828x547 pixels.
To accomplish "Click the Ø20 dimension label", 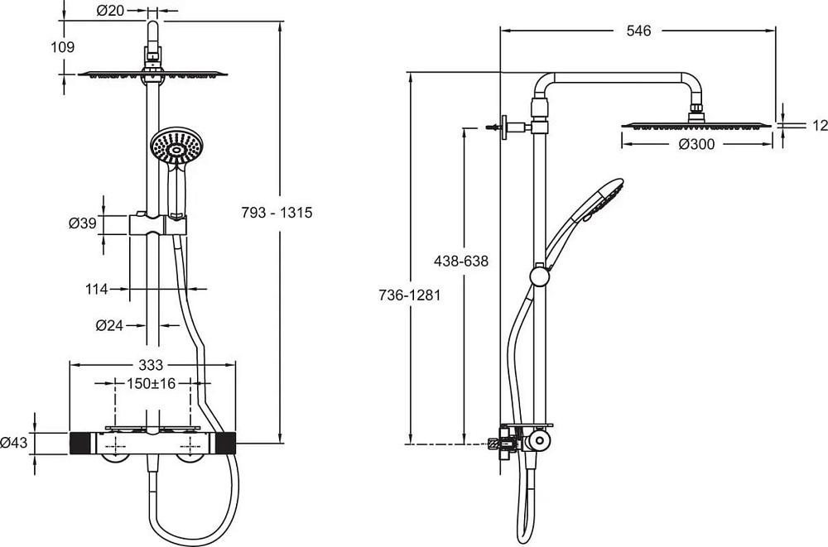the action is point(110,10).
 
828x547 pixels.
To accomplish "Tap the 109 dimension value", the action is point(63,47).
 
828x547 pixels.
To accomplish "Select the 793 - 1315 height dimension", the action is point(277,212).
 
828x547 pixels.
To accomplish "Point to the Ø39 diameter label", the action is point(82,223).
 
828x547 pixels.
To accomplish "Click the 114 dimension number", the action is point(97,289).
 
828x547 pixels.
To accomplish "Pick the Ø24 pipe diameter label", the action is point(109,326).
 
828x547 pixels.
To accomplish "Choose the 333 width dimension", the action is point(151,365).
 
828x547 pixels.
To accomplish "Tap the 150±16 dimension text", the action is point(151,383).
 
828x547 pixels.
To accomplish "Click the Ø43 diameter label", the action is point(14,443).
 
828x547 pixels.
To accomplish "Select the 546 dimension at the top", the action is point(639,31).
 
